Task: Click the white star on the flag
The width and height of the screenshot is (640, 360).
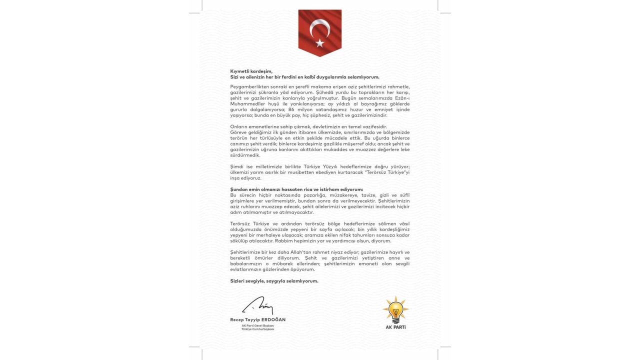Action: click(320, 43)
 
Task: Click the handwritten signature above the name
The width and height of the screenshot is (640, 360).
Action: click(257, 306)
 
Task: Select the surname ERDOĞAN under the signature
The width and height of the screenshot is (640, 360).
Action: click(273, 319)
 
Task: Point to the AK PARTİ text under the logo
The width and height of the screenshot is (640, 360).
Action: click(395, 327)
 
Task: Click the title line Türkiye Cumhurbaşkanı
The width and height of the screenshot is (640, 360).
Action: click(258, 329)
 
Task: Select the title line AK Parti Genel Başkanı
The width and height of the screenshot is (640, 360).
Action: click(258, 325)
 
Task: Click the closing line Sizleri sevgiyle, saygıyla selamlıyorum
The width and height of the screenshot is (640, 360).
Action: click(274, 281)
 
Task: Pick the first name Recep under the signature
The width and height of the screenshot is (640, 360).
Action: click(236, 319)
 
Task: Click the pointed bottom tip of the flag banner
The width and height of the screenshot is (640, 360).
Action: click(320, 56)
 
